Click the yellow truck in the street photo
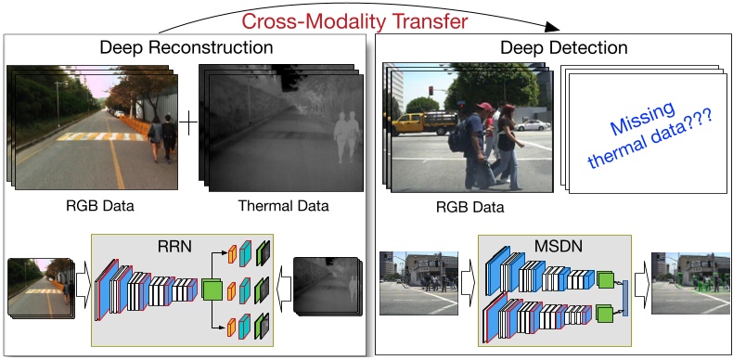(413, 122)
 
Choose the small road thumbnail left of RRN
(40, 288)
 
